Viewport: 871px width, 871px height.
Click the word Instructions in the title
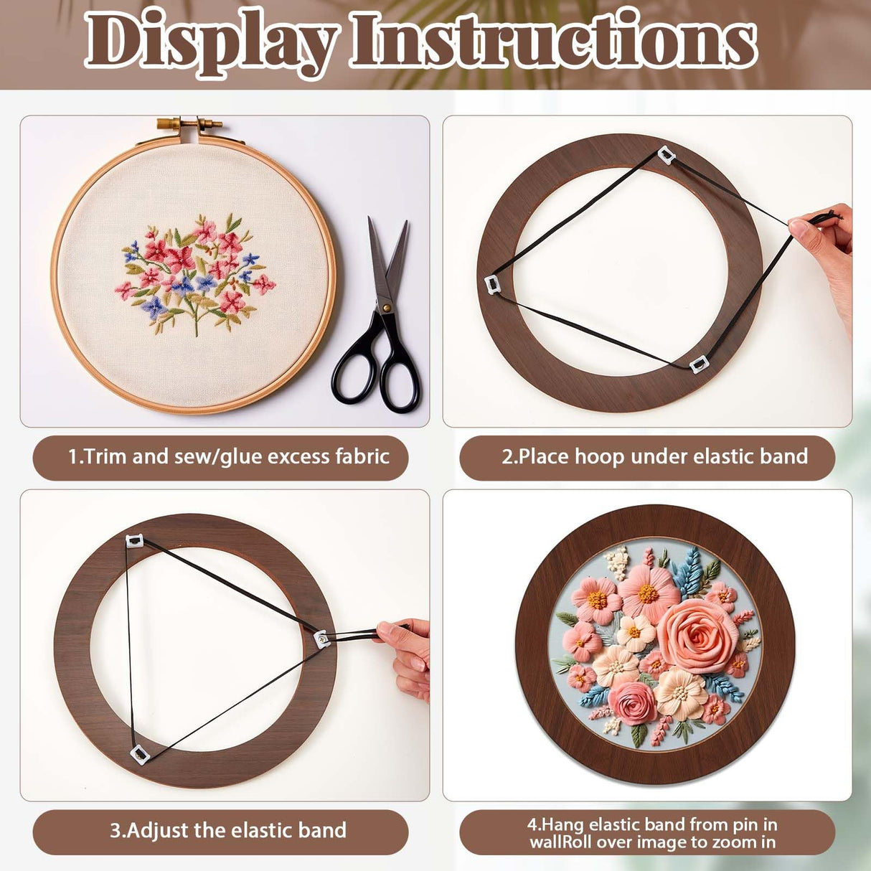[552, 42]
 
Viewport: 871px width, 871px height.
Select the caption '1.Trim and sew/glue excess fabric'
[228, 457]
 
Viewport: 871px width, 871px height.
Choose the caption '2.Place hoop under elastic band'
[654, 457]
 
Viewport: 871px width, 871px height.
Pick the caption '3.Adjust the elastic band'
[228, 831]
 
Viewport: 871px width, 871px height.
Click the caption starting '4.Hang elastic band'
[652, 832]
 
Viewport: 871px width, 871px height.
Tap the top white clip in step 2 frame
[666, 154]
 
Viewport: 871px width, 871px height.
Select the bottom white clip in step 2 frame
[697, 364]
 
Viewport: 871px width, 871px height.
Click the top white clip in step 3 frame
[135, 540]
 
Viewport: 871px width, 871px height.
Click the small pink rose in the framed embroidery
[632, 702]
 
